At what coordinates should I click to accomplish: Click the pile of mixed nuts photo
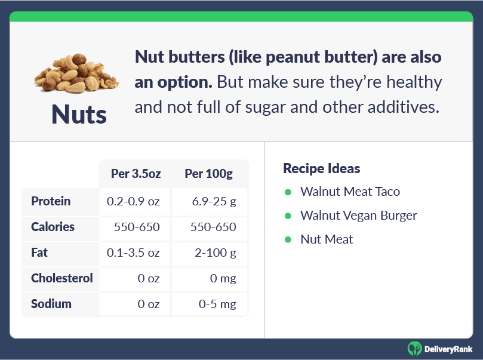point(76,73)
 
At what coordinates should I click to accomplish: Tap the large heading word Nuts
point(79,115)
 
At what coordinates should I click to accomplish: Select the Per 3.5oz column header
point(136,174)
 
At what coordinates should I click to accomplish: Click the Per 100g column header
point(208,174)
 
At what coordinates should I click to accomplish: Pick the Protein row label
point(51,201)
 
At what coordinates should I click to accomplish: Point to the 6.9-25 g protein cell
point(214,201)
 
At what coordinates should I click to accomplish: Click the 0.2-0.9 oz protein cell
point(133,201)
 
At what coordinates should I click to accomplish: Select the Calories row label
point(53,227)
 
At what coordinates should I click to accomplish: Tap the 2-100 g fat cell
point(216,253)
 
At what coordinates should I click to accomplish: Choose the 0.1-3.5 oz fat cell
point(133,253)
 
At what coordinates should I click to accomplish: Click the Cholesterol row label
point(62,278)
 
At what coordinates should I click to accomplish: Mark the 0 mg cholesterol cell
point(223,278)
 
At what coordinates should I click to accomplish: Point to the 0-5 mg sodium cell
point(217,304)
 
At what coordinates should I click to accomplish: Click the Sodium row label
point(51,304)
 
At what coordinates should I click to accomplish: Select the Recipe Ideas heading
point(322,168)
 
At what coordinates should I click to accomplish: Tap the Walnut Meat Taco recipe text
point(350,192)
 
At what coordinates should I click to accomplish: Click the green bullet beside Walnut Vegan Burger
point(288,216)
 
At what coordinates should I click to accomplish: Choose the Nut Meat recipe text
point(327,239)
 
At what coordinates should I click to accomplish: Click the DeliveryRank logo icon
point(414,349)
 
